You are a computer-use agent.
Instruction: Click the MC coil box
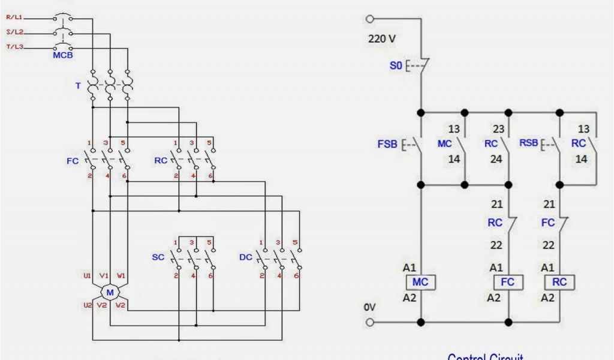(x=420, y=282)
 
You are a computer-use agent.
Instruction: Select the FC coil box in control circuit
(x=508, y=282)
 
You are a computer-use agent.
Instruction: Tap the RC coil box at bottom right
(x=559, y=282)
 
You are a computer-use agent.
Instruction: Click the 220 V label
(x=382, y=39)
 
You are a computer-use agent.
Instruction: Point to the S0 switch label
(x=396, y=66)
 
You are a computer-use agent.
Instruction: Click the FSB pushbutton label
(x=387, y=145)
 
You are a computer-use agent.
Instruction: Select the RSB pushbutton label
(x=528, y=144)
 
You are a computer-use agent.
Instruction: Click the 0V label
(x=370, y=307)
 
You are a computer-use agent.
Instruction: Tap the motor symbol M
(x=110, y=292)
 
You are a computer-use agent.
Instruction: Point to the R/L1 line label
(x=14, y=18)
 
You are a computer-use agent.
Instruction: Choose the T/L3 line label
(x=14, y=47)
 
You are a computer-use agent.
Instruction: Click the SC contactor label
(x=158, y=257)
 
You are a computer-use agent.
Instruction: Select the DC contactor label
(x=245, y=257)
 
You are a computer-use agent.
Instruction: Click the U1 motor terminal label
(x=88, y=276)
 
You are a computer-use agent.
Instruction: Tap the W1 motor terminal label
(x=122, y=276)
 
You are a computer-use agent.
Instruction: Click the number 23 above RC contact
(x=498, y=128)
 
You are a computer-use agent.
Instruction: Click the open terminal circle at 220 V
(x=370, y=19)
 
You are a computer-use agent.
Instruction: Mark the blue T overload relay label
(x=77, y=86)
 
